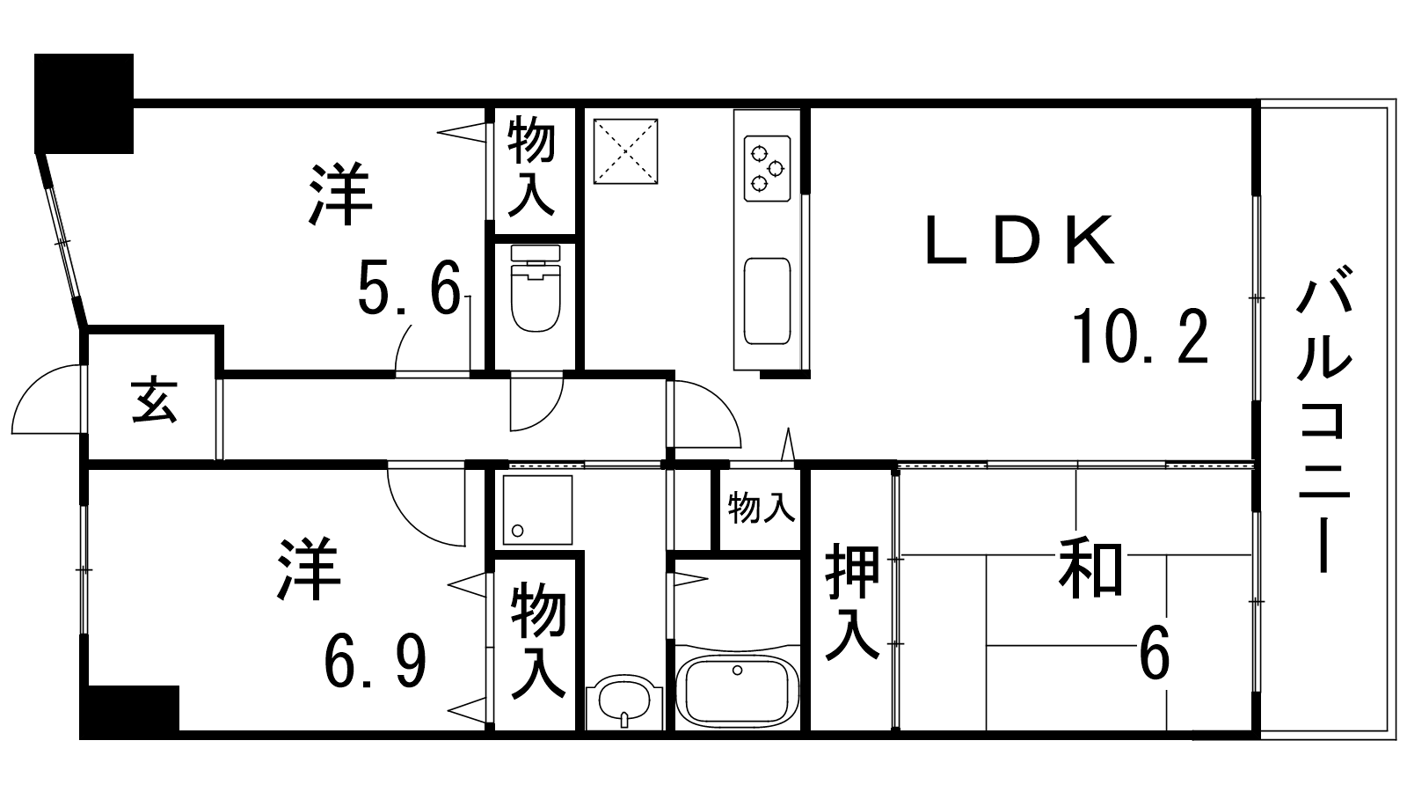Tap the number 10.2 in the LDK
pyautogui.click(x=1140, y=337)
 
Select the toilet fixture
pyautogui.click(x=536, y=289)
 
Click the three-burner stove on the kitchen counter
pyautogui.click(x=767, y=168)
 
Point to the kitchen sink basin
pyautogui.click(x=767, y=301)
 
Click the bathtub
pyautogui.click(x=738, y=692)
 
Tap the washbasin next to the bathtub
pyautogui.click(x=624, y=701)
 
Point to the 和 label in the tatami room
pyautogui.click(x=1090, y=568)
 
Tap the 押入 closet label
pyautogui.click(x=852, y=602)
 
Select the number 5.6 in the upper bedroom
pyautogui.click(x=410, y=290)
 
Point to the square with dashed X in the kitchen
pyautogui.click(x=625, y=151)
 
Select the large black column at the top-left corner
pyautogui.click(x=84, y=104)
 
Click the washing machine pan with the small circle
pyautogui.click(x=537, y=510)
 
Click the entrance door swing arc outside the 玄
pyautogui.click(x=46, y=400)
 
